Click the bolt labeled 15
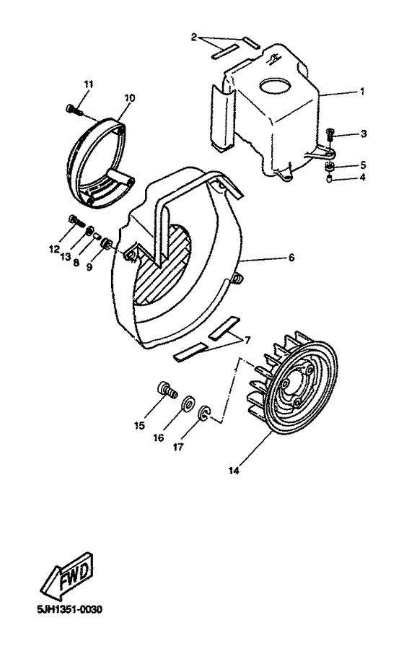165,392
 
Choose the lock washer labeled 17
203,414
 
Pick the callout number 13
66,256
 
